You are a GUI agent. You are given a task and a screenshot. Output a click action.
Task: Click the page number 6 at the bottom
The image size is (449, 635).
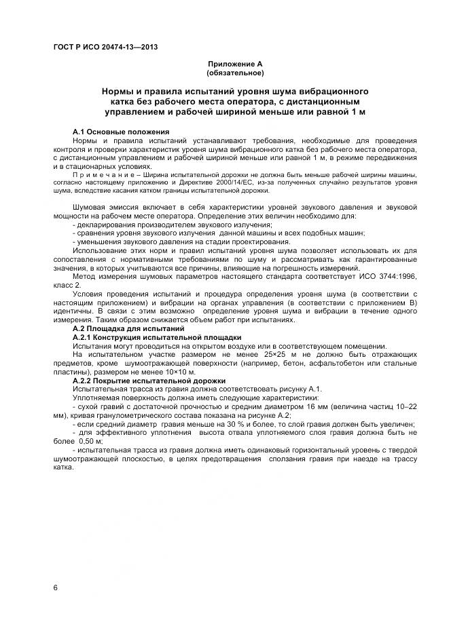[56, 587]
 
